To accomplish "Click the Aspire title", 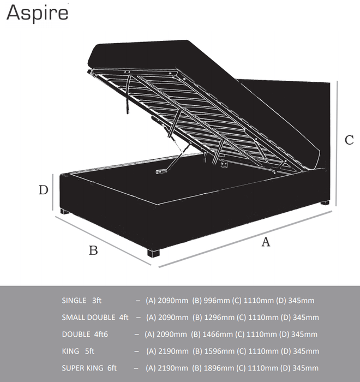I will [37, 12].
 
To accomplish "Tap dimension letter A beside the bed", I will [266, 242].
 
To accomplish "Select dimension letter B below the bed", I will [93, 250].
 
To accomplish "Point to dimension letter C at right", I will [349, 140].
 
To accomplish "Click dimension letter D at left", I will [44, 190].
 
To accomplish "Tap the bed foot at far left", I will [64, 212].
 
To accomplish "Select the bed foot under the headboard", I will [325, 203].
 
